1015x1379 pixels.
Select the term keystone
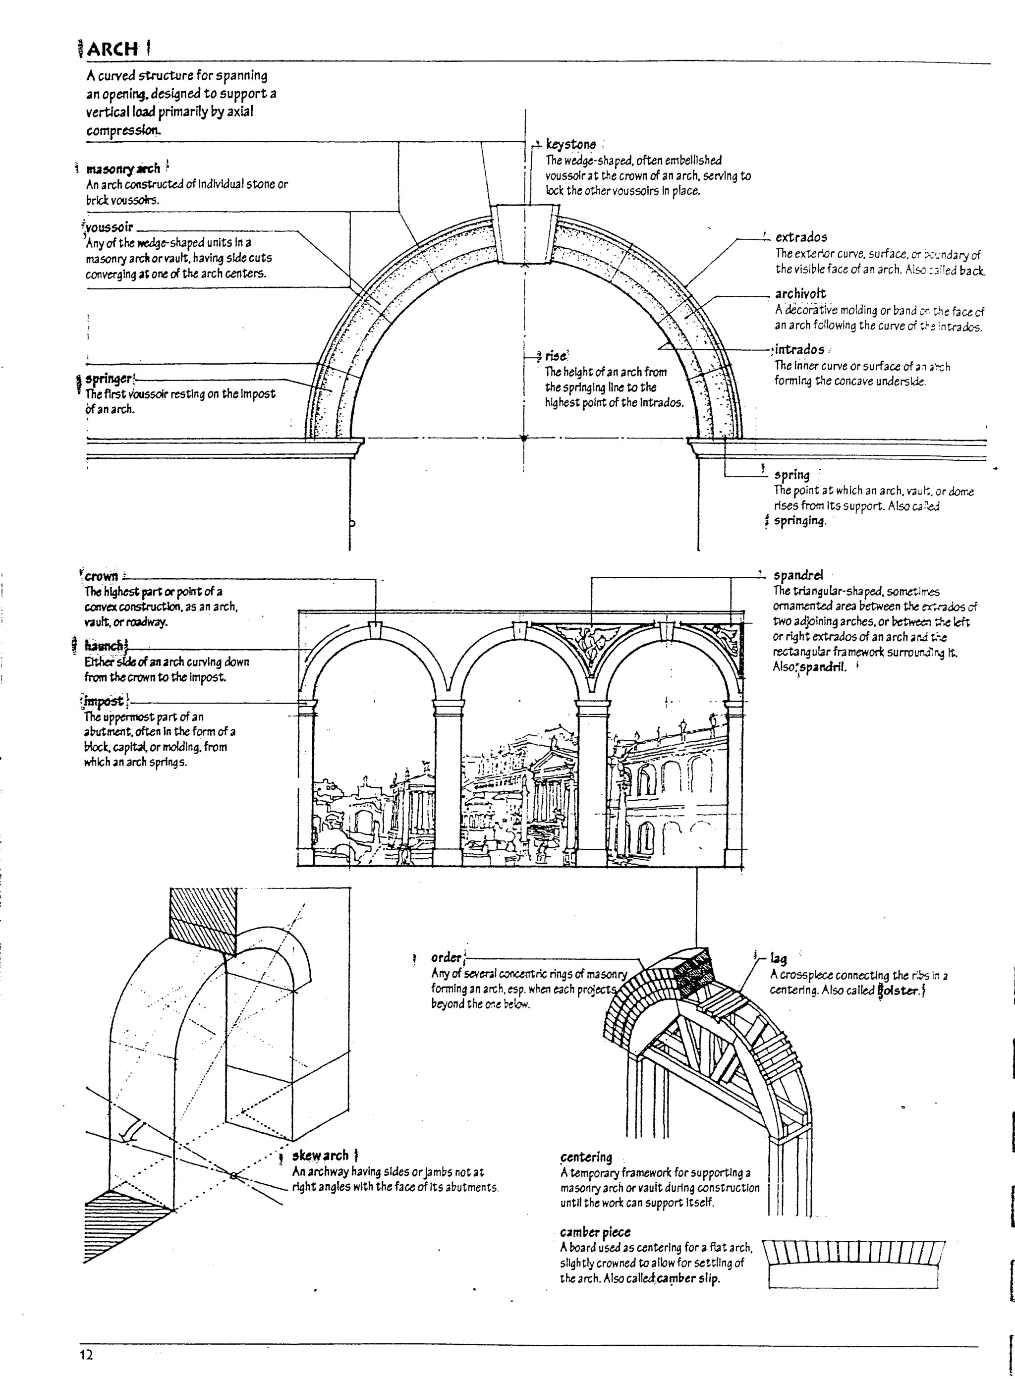[x=571, y=144]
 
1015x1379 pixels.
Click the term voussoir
[x=110, y=227]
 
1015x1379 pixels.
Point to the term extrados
[x=800, y=237]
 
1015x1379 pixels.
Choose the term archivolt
[x=800, y=294]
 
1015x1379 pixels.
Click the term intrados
[x=799, y=349]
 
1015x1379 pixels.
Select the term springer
[x=108, y=379]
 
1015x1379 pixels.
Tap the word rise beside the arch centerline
[x=556, y=356]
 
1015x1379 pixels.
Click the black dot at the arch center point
[x=524, y=439]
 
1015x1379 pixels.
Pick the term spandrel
[x=797, y=576]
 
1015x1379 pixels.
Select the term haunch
[x=103, y=646]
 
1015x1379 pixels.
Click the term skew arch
[x=320, y=1156]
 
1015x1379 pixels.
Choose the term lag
[x=778, y=958]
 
